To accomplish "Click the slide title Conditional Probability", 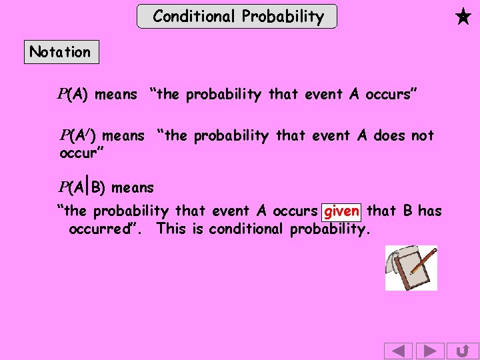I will pos(237,16).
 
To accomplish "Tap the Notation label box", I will pos(61,52).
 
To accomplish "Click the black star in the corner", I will pos(463,16).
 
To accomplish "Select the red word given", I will pos(341,211).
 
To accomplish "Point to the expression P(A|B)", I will pos(82,187).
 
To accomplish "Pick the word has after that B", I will pos(429,211).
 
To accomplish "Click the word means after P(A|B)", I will pos(132,188).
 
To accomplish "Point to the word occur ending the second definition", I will pos(79,153).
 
